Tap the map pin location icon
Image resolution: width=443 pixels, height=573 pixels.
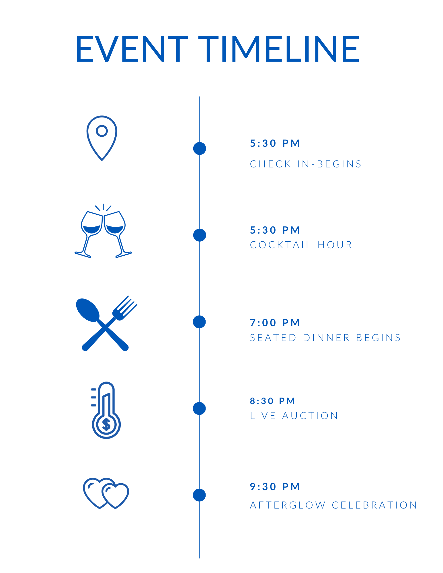tap(102, 138)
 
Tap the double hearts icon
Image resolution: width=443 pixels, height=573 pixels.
tap(106, 493)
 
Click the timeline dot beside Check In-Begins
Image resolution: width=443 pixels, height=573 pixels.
tap(200, 148)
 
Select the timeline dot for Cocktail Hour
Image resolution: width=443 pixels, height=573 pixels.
tap(200, 235)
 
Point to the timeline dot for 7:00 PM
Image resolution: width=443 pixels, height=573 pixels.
tap(199, 322)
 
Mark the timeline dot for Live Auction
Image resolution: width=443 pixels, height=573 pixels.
tap(199, 408)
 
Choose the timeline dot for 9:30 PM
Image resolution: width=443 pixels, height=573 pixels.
tap(199, 495)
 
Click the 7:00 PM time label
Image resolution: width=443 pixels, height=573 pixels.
tap(275, 323)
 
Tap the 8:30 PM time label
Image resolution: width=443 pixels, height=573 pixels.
tap(272, 401)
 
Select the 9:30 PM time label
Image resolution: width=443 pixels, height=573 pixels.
tap(275, 486)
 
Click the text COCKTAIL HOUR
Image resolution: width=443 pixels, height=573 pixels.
tap(301, 245)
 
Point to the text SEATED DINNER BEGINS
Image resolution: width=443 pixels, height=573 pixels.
tap(325, 338)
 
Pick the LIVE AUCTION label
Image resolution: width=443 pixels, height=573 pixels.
tap(294, 416)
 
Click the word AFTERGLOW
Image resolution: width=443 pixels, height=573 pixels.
tap(288, 505)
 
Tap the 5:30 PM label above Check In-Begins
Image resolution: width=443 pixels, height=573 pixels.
tap(275, 143)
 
